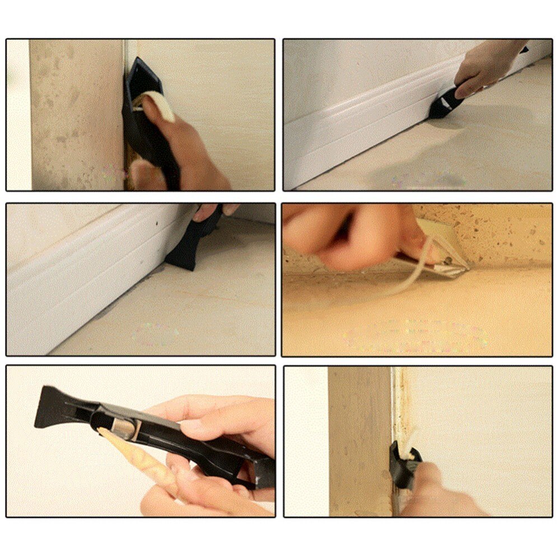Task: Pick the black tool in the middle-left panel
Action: [188, 246]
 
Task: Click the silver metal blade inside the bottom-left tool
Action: [127, 428]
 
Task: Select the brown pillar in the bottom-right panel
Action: [358, 437]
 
